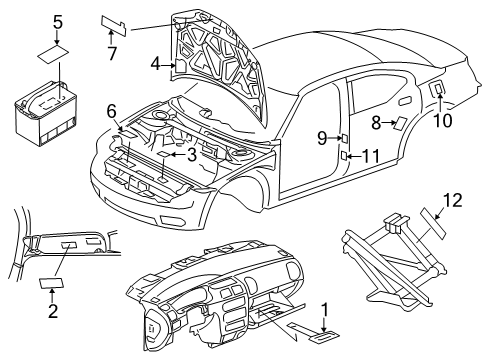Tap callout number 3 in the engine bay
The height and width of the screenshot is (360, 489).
[190, 155]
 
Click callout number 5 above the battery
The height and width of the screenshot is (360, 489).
[57, 21]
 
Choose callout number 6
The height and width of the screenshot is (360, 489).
[113, 111]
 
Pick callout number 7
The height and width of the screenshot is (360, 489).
[112, 51]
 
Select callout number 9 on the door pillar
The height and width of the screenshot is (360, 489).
[322, 137]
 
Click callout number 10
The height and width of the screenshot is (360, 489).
[441, 120]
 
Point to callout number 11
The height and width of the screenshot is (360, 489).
[370, 156]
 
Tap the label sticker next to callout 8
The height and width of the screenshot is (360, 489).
[399, 124]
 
